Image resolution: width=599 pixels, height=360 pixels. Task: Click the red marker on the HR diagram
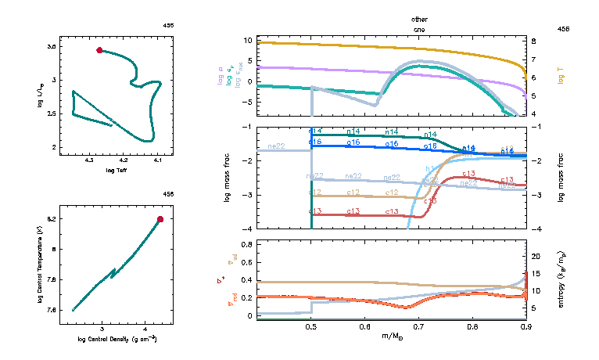point(99,50)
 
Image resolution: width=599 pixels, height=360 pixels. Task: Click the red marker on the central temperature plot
point(160,219)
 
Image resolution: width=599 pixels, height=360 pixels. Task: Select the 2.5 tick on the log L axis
point(52,113)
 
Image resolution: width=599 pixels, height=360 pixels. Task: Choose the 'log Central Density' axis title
point(117,339)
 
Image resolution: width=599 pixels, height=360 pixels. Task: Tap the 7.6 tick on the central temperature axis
point(52,310)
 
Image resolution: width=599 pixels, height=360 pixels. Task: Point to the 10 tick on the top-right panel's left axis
point(247,39)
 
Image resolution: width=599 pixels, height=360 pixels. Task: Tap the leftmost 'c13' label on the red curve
point(317,211)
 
